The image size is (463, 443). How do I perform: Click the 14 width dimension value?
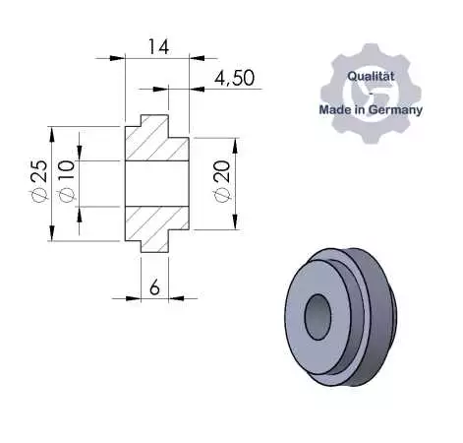(158, 46)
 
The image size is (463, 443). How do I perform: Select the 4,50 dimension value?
(234, 78)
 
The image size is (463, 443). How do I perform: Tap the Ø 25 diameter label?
(39, 181)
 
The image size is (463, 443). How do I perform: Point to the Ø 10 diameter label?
(67, 181)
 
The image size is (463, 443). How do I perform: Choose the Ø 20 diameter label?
(222, 181)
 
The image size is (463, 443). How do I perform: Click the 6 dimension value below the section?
(154, 287)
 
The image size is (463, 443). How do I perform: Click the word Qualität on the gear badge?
(371, 76)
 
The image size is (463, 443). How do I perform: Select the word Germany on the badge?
(395, 109)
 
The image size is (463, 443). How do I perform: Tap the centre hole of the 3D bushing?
(318, 317)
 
